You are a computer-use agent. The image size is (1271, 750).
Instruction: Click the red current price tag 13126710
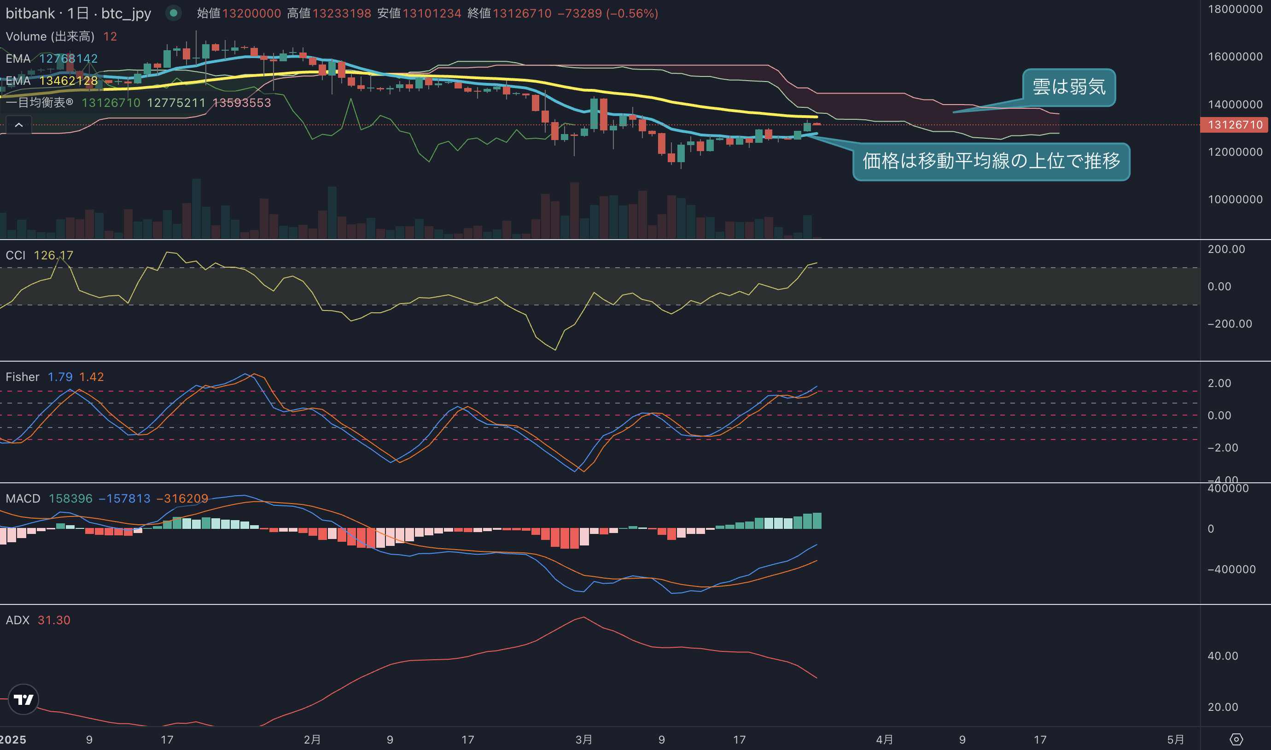click(x=1234, y=125)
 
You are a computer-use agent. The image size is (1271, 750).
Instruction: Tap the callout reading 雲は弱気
click(x=1069, y=88)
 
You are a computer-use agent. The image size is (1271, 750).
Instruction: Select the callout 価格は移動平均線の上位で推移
click(x=991, y=161)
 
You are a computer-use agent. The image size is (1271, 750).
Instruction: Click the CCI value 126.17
click(x=53, y=255)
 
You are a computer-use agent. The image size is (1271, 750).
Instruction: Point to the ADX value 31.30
click(x=54, y=620)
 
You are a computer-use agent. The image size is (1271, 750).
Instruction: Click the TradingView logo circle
click(x=23, y=699)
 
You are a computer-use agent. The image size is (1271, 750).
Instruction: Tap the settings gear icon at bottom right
click(x=1236, y=739)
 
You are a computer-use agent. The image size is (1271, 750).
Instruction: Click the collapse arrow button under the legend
click(x=19, y=125)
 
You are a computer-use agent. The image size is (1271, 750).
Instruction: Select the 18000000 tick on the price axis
click(x=1235, y=9)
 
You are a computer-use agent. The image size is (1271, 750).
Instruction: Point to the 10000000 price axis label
click(x=1235, y=199)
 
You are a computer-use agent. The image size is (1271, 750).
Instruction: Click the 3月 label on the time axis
click(x=583, y=739)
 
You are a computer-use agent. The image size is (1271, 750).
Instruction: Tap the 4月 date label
click(x=884, y=739)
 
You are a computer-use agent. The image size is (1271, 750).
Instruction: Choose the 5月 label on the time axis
click(x=1176, y=739)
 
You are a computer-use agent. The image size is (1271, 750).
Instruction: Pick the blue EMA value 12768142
click(x=68, y=59)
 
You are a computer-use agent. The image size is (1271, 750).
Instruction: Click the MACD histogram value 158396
click(x=71, y=498)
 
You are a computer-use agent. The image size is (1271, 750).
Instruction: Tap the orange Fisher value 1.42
click(x=92, y=377)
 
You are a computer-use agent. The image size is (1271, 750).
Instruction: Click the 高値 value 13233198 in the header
click(x=342, y=13)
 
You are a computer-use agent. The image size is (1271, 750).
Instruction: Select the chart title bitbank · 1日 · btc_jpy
click(x=78, y=13)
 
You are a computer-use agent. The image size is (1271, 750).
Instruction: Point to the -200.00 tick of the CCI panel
click(x=1230, y=324)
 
